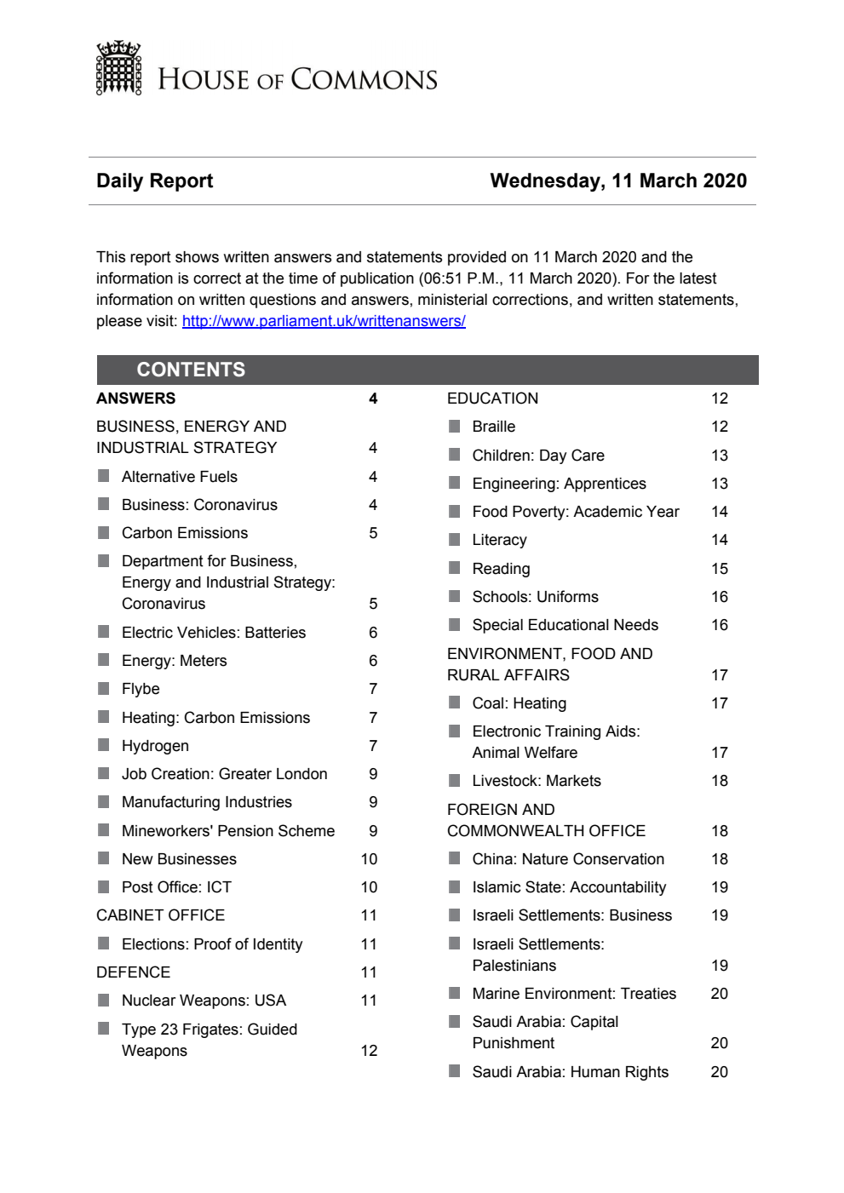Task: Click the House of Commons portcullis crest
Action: tap(118, 68)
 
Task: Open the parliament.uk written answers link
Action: tap(324, 321)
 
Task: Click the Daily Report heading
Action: tap(154, 181)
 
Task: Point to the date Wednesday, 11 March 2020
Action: tap(617, 181)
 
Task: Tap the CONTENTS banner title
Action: tap(191, 370)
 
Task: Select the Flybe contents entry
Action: tap(141, 689)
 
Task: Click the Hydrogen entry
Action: tap(155, 746)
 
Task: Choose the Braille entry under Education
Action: tap(493, 427)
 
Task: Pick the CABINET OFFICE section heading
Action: tap(160, 915)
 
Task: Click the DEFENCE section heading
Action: tap(133, 972)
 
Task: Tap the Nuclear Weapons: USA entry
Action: tap(204, 1001)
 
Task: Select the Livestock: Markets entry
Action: tap(536, 781)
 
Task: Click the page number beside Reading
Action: tap(719, 569)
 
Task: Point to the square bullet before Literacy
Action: tap(455, 539)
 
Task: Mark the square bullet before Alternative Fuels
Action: tap(104, 476)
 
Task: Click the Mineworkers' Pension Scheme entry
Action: tap(227, 831)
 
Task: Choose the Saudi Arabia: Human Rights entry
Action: tap(570, 1072)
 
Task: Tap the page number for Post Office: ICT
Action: tap(369, 887)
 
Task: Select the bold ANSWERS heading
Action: tap(135, 399)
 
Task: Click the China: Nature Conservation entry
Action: tap(567, 859)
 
